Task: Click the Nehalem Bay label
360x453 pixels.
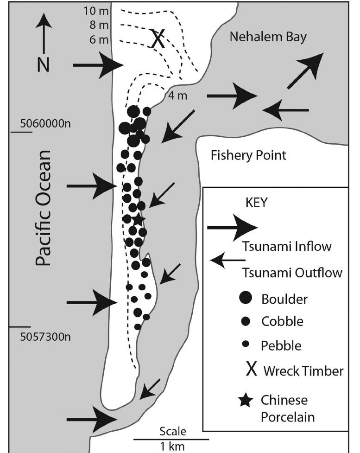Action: click(268, 37)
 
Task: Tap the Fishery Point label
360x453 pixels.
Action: click(248, 155)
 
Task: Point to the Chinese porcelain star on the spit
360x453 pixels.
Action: click(138, 219)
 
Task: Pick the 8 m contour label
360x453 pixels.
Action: click(99, 25)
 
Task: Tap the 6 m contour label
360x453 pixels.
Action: click(99, 40)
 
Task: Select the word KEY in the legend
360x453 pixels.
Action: click(255, 204)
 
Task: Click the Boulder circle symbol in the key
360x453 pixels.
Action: click(247, 299)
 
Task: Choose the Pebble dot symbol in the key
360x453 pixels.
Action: click(247, 344)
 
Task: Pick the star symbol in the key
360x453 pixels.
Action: click(247, 401)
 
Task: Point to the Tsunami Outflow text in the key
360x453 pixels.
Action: click(292, 273)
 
